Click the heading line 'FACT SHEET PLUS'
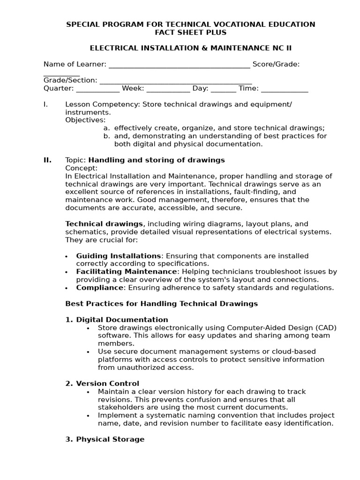coord(190,32)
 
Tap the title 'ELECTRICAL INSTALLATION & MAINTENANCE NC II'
coord(190,48)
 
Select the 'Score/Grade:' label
coord(276,64)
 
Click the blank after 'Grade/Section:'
coord(175,81)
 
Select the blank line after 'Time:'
coord(284,89)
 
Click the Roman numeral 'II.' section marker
coord(47,160)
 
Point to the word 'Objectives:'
coord(85,120)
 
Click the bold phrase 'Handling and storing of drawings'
coord(157,160)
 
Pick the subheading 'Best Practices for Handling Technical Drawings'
coord(161,304)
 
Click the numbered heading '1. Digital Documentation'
coord(116,320)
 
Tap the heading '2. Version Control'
coord(102,383)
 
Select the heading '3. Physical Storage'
coord(105,439)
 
